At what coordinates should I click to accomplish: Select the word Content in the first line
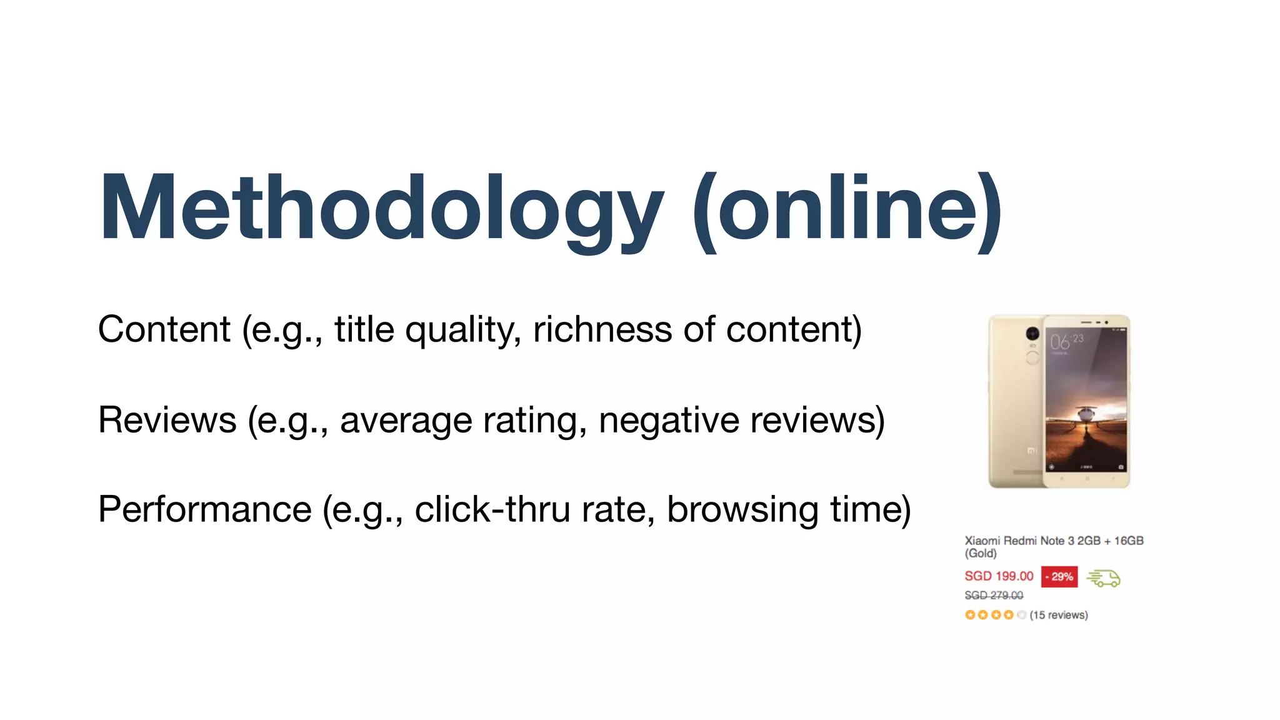(x=164, y=329)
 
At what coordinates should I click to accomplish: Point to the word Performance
(x=205, y=509)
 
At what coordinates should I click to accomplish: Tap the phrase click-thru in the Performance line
(x=492, y=509)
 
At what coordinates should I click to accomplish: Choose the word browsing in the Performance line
(x=742, y=509)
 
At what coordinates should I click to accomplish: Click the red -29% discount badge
(x=1059, y=577)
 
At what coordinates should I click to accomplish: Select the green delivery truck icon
(x=1104, y=578)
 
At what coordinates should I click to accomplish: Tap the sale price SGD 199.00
(x=999, y=576)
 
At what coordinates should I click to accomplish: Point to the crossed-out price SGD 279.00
(x=994, y=596)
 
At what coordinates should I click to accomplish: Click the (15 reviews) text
(x=1059, y=615)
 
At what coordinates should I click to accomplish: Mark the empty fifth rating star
(x=1021, y=615)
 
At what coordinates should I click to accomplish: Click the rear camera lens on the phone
(x=1032, y=334)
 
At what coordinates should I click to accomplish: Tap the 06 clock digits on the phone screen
(x=1060, y=342)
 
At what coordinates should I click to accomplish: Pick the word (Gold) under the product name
(x=981, y=554)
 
